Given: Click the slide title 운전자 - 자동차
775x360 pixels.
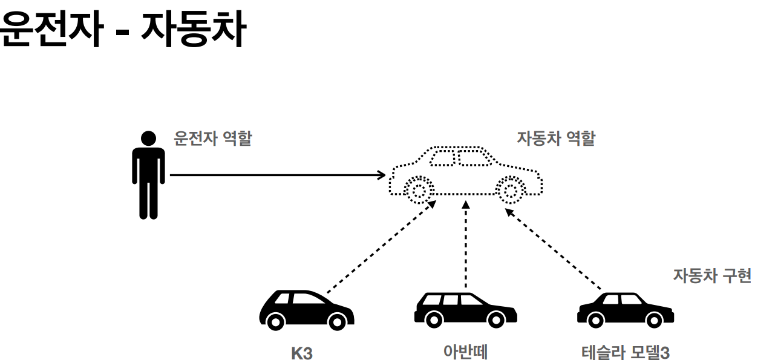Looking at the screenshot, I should tap(123, 30).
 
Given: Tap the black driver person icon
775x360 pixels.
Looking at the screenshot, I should tap(148, 175).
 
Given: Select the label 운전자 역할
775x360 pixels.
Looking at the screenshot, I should tap(212, 139).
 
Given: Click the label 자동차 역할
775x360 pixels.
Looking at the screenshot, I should tap(555, 139).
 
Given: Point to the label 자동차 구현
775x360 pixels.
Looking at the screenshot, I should tap(712, 276).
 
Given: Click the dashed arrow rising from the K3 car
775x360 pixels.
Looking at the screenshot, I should tap(381, 248).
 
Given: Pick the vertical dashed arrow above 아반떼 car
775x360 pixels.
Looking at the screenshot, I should tap(465, 245).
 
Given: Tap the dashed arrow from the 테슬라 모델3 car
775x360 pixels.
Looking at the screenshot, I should tap(554, 248).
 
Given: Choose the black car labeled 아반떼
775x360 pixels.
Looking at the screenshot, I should tap(465, 310).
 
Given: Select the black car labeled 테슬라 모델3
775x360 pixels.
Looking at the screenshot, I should tap(625, 310).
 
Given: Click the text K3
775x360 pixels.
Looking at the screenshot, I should tap(302, 353).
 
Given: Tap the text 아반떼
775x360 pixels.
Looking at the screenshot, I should tap(465, 352).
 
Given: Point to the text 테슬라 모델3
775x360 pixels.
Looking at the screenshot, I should tap(626, 352).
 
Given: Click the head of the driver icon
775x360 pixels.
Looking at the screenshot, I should tap(148, 139).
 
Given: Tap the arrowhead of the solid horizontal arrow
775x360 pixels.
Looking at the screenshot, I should tap(382, 175).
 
